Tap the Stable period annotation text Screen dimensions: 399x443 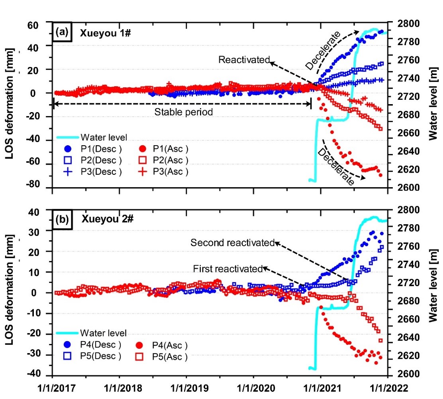coord(184,112)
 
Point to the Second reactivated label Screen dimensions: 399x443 coord(233,243)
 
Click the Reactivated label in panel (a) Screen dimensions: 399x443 coord(244,60)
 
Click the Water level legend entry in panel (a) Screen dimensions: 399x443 coord(96,138)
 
